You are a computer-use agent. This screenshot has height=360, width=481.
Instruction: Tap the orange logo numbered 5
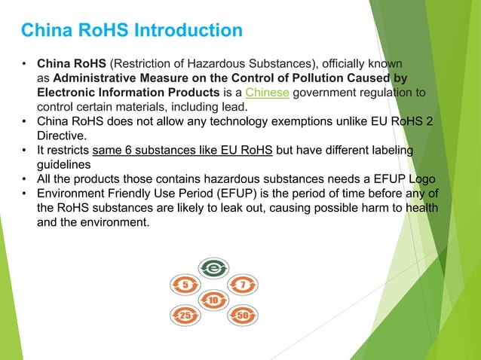(185, 285)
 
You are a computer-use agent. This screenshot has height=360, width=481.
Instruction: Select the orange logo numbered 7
(242, 285)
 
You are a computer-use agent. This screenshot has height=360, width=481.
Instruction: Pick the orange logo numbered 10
(213, 301)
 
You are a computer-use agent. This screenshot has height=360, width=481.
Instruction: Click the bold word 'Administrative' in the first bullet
(97, 78)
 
